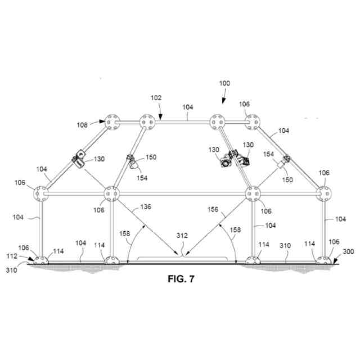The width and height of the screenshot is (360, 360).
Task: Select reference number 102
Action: tap(156, 97)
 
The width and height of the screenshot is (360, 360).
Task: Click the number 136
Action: tap(145, 208)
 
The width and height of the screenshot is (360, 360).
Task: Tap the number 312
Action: tap(181, 235)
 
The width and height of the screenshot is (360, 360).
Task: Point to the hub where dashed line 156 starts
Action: tap(254, 194)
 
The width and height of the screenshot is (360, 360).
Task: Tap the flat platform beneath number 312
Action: tap(180, 258)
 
